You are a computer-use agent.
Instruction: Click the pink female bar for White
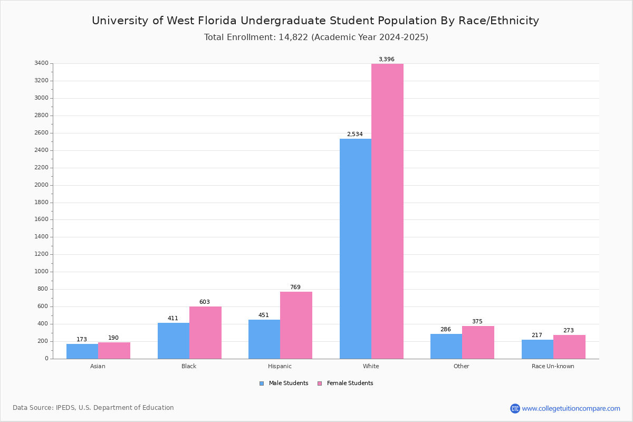[x=387, y=211]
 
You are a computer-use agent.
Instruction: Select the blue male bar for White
[x=356, y=248]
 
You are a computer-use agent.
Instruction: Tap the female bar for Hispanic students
[x=296, y=325]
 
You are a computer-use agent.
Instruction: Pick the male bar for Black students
[x=174, y=341]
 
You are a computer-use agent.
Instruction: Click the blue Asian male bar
[x=82, y=351]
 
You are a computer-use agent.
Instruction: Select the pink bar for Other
[x=478, y=342]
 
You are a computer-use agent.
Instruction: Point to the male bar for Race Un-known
[x=538, y=349]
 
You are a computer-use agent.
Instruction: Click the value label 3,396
[x=386, y=60]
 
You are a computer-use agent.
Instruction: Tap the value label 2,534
[x=354, y=135]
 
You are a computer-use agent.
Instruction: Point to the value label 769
[x=295, y=287]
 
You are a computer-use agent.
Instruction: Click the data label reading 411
[x=173, y=319]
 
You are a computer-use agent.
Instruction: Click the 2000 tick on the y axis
[x=42, y=185]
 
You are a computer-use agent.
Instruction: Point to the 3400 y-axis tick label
[x=42, y=63]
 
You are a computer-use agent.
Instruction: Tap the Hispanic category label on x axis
[x=280, y=366]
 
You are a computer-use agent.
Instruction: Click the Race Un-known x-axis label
[x=553, y=366]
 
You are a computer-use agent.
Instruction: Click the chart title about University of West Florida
[x=315, y=21]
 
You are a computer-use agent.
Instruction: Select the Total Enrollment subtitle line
[x=316, y=37]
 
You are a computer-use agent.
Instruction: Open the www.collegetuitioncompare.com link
[x=571, y=408]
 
